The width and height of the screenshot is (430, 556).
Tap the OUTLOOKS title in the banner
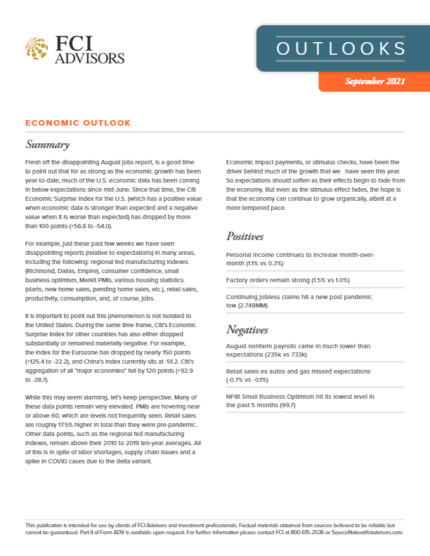click(x=341, y=48)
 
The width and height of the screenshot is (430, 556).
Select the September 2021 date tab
click(x=374, y=82)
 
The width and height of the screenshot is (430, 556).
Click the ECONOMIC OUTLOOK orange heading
click(x=78, y=123)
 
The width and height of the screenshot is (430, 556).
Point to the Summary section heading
click(x=47, y=145)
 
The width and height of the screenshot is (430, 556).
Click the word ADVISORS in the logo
click(x=89, y=58)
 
